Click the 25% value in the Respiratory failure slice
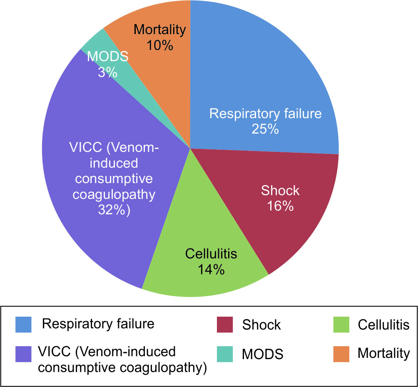point(265,129)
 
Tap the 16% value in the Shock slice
point(281,206)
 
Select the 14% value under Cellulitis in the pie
point(211,270)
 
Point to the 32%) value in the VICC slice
point(114,210)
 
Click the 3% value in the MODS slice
point(108,72)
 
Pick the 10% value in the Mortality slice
point(160,45)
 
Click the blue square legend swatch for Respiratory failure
point(23,325)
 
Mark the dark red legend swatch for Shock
point(225,325)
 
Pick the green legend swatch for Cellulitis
point(341,325)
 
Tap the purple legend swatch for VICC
point(23,354)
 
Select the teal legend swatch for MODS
point(225,354)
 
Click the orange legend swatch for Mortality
point(341,354)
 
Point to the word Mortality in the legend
point(384,354)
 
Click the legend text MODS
point(263,354)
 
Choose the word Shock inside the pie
point(280,190)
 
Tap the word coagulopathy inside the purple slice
point(114,195)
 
